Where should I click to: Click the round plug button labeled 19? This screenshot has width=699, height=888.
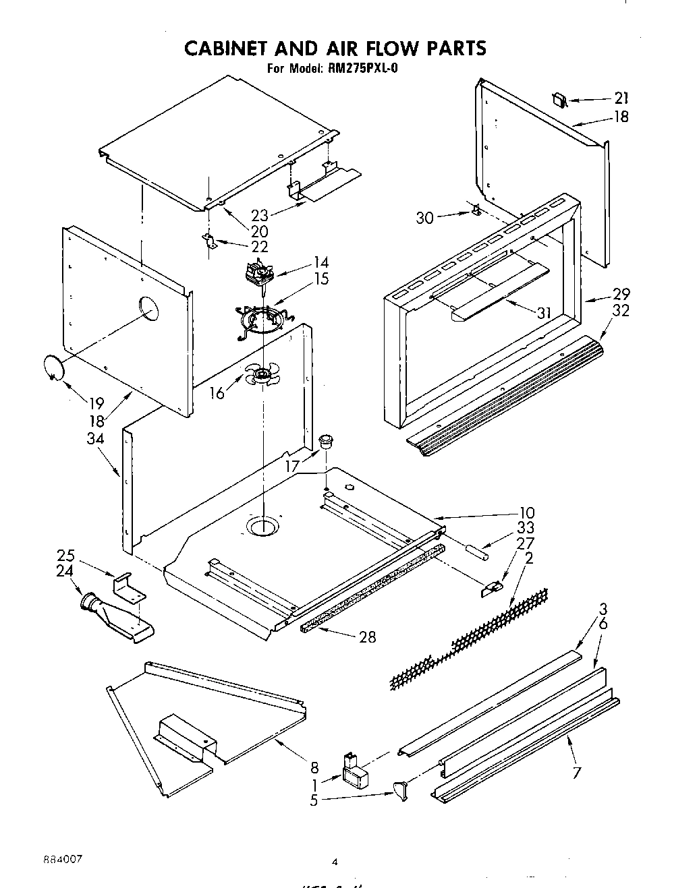coord(53,368)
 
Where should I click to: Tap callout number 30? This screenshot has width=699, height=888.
coord(425,218)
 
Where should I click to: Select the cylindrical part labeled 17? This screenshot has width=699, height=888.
coord(327,442)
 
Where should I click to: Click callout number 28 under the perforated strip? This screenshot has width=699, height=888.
coord(367,637)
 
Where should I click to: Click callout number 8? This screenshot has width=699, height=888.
coord(314,767)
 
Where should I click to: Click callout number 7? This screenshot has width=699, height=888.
coord(576,773)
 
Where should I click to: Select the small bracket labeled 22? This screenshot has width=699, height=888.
coord(211,241)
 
